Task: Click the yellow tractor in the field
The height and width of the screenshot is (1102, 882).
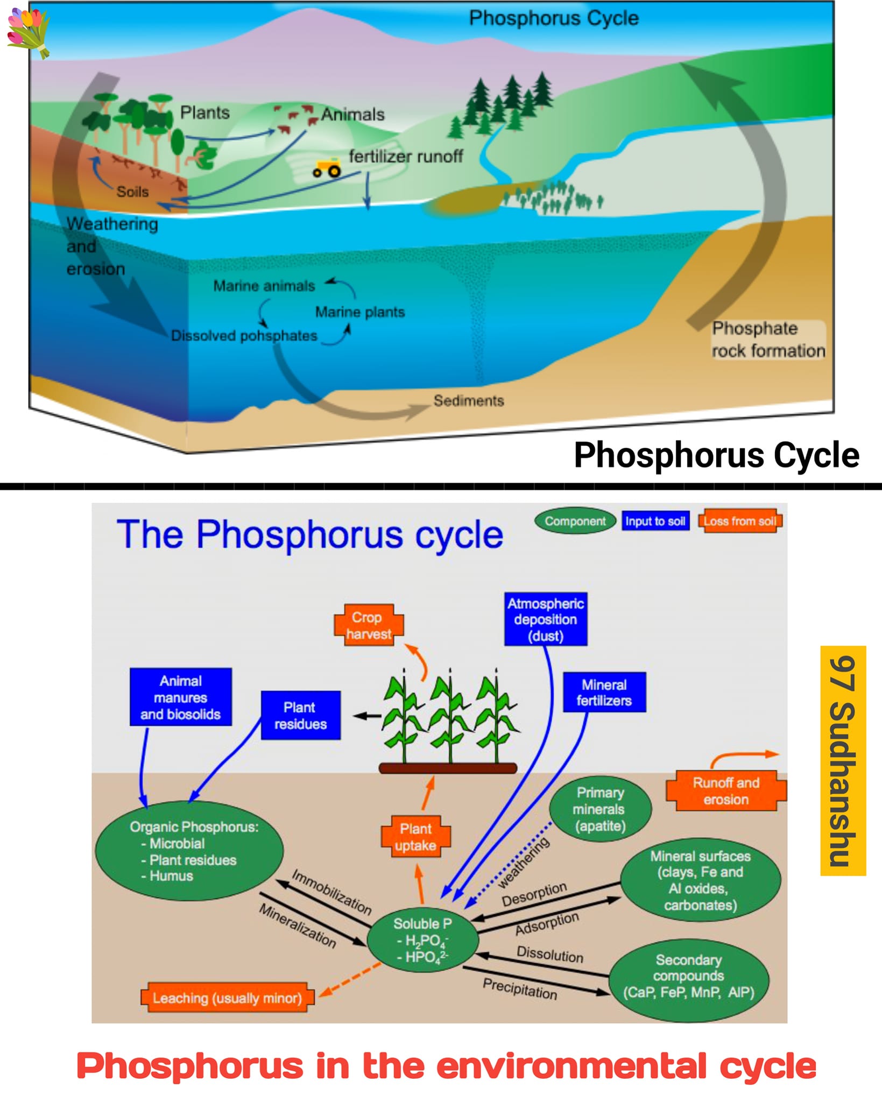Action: coord(327,168)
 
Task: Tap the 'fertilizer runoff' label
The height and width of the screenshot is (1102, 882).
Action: coord(406,156)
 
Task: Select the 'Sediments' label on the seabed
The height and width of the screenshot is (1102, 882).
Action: coord(469,400)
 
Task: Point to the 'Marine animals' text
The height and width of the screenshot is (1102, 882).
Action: coord(264,286)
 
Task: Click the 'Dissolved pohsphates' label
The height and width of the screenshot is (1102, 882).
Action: coord(244,336)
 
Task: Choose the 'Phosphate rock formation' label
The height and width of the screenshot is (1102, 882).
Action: coord(768,340)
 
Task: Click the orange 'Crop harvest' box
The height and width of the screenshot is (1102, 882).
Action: coord(369,625)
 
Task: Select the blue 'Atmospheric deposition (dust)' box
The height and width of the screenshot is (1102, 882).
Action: coord(546,619)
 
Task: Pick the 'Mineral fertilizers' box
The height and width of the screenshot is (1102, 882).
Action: coord(604,693)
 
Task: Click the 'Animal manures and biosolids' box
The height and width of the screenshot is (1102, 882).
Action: coord(181,697)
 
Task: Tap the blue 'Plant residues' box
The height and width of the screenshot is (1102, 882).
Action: coord(301,716)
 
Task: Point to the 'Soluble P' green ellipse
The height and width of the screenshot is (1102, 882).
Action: coord(422,941)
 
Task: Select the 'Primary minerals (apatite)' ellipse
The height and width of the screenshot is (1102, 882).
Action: coord(600,809)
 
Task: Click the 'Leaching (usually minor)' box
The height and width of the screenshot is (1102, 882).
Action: coord(227,998)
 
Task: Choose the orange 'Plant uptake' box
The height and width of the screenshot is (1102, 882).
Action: coord(415,837)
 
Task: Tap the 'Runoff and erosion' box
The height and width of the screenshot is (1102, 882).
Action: coord(726,790)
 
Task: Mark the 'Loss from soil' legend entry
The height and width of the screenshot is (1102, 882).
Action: coord(740,521)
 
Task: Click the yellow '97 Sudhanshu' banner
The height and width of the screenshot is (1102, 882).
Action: coord(843,761)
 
